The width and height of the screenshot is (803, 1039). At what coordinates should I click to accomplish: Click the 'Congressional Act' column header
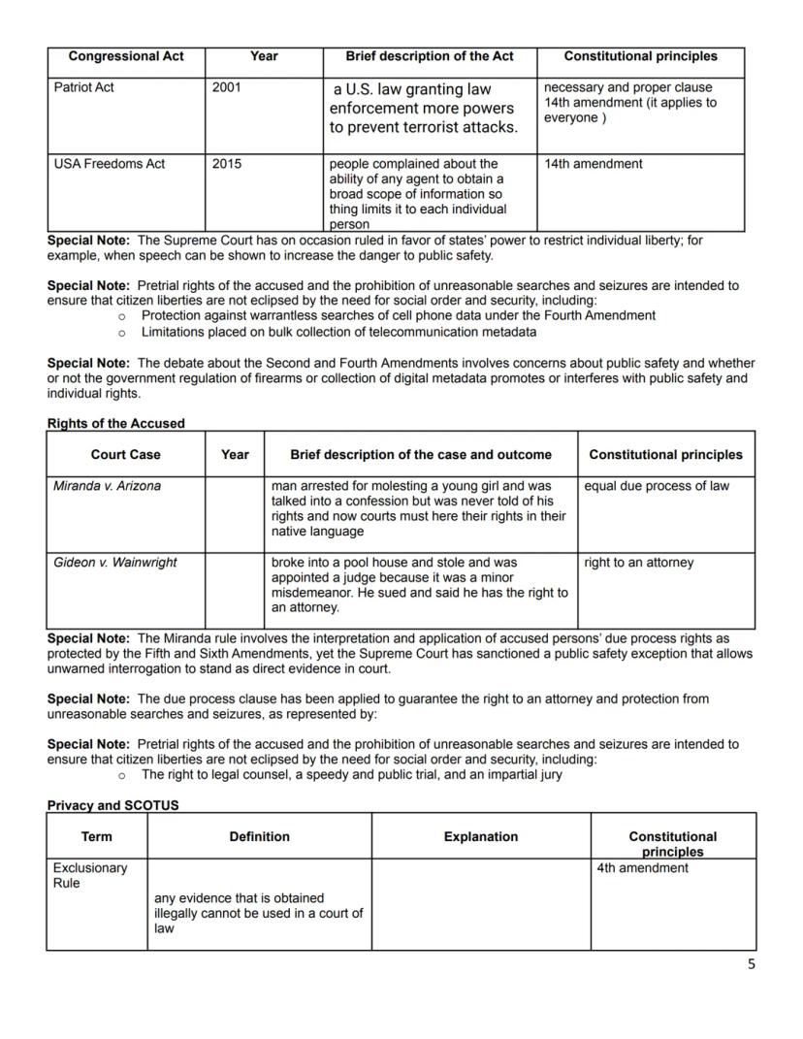pyautogui.click(x=126, y=56)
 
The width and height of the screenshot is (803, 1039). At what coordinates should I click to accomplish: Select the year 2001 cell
pyautogui.click(x=226, y=87)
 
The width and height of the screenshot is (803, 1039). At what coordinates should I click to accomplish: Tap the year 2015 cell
pyautogui.click(x=226, y=164)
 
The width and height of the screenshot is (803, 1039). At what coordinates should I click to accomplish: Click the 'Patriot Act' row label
pyautogui.click(x=83, y=87)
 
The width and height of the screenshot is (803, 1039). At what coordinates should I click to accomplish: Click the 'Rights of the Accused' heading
pyautogui.click(x=115, y=423)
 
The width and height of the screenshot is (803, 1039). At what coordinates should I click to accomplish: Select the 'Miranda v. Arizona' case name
pyautogui.click(x=107, y=486)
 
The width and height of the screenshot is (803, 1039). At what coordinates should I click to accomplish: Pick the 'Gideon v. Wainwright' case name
pyautogui.click(x=114, y=563)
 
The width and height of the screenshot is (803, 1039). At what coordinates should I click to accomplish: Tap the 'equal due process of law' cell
pyautogui.click(x=657, y=486)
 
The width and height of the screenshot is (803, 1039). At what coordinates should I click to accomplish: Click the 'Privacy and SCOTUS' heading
pyautogui.click(x=112, y=805)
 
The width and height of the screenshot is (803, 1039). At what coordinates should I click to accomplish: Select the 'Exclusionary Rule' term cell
pyautogui.click(x=90, y=875)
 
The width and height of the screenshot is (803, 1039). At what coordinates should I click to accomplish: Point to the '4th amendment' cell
pyautogui.click(x=642, y=868)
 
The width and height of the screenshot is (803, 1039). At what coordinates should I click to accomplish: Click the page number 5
pyautogui.click(x=751, y=964)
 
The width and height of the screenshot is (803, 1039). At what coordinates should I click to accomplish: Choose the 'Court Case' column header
pyautogui.click(x=126, y=454)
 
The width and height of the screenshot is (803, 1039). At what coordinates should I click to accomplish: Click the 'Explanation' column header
pyautogui.click(x=480, y=836)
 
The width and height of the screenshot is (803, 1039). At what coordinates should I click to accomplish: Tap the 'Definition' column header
pyautogui.click(x=259, y=836)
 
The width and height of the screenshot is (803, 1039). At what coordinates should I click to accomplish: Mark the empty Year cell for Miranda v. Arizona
pyautogui.click(x=235, y=514)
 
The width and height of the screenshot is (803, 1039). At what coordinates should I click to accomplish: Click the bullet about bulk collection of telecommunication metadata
pyautogui.click(x=338, y=333)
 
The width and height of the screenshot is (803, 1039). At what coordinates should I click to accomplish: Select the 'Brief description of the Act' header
pyautogui.click(x=430, y=56)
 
